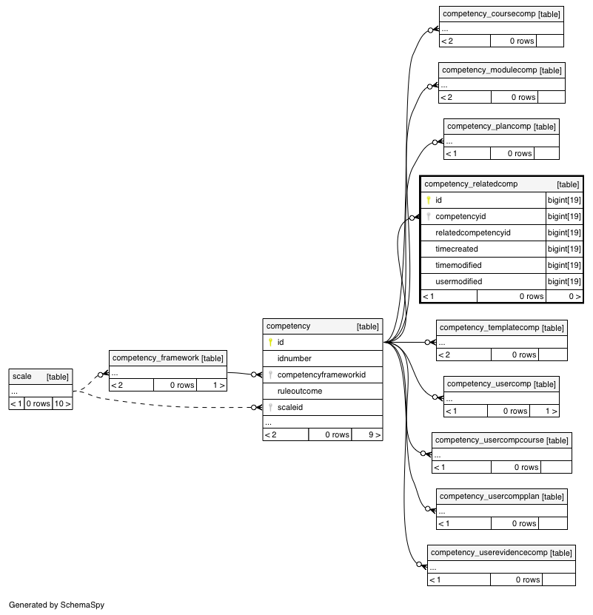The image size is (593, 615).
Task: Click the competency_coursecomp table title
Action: point(489,14)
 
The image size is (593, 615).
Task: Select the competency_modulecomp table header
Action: point(489,70)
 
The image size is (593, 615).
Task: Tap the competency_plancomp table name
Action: point(489,127)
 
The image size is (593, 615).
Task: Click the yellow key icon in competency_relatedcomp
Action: point(429,200)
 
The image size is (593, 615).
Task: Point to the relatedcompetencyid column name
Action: point(473,232)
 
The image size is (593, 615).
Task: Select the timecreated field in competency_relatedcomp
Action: point(457,249)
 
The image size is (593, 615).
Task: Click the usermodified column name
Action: point(459,282)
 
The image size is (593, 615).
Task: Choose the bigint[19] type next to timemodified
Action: point(564,265)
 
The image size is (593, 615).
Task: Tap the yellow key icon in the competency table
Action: point(270,343)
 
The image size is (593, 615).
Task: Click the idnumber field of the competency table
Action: point(295,358)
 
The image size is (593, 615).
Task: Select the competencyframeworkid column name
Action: point(321,375)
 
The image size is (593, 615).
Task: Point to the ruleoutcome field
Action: point(300,391)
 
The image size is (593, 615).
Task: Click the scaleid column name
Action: point(290,408)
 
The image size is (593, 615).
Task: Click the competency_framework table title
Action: point(155,357)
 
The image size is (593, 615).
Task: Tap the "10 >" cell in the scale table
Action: point(62,403)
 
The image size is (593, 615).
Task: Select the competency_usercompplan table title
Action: point(489,496)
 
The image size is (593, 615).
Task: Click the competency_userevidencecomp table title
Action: point(489,553)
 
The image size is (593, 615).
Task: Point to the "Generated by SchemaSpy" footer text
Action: point(56,605)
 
